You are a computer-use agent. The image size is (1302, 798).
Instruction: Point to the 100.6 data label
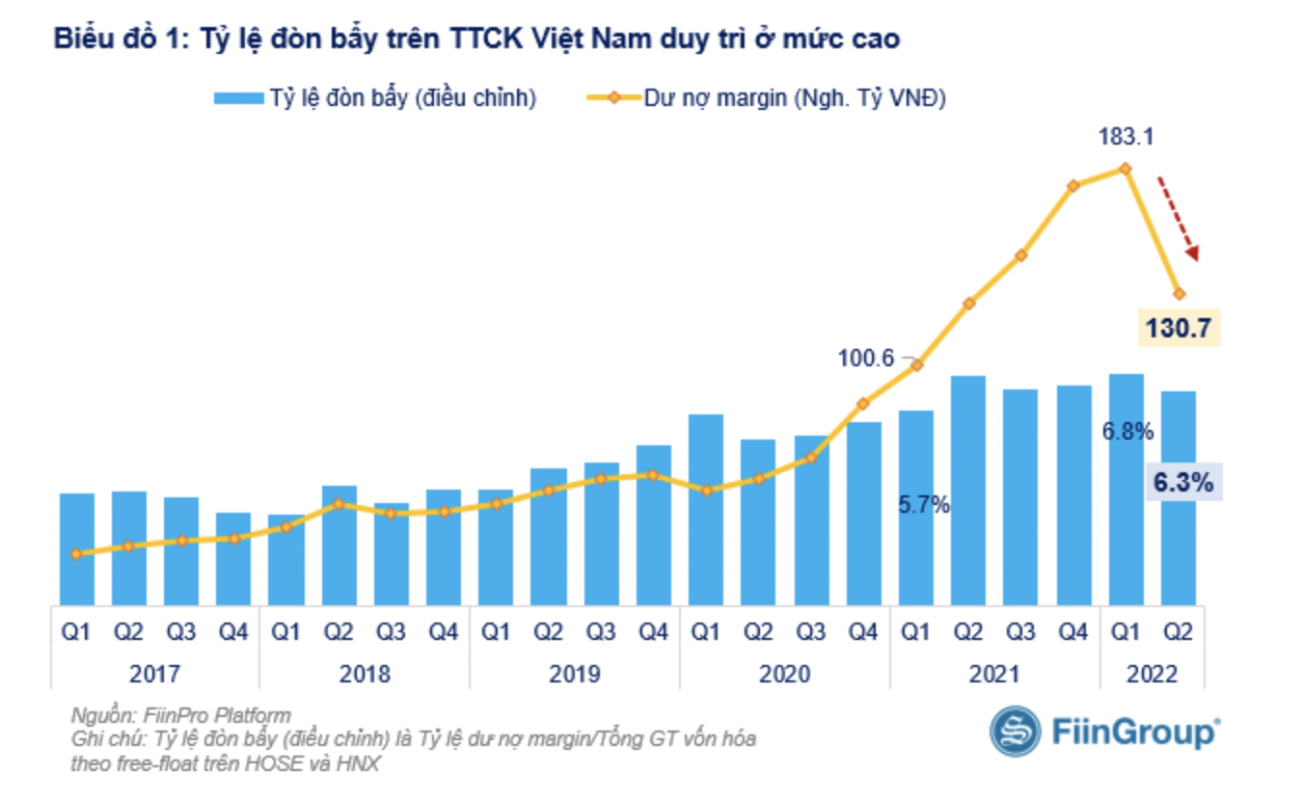point(867,358)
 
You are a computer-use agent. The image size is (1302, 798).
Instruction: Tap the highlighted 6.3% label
point(1182,481)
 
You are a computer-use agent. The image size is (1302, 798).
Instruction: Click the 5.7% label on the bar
point(924,504)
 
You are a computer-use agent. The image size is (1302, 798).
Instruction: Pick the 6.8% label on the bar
point(1127,432)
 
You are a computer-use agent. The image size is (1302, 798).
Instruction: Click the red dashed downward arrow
point(1178,218)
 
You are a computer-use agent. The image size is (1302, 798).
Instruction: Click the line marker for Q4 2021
point(1072,185)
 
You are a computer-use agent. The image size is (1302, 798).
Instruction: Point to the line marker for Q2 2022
point(1178,293)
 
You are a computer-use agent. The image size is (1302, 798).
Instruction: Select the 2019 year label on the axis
point(575,673)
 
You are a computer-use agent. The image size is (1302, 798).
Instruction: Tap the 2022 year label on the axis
point(1152,673)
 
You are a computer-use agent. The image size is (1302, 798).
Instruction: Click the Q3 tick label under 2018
point(391,632)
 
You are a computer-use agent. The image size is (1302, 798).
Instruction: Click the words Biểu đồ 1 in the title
point(115,40)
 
